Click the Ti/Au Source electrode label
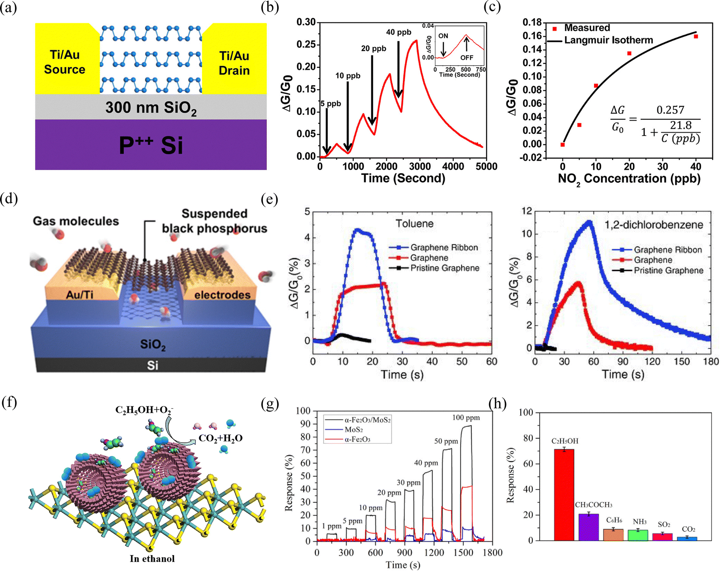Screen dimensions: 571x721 [x=65, y=62]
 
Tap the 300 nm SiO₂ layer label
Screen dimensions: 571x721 [x=151, y=108]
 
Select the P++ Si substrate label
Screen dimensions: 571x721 [x=151, y=145]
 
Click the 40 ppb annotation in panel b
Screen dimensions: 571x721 [x=398, y=32]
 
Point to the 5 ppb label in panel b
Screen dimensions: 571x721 [x=331, y=104]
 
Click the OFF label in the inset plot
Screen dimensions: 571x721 [x=467, y=57]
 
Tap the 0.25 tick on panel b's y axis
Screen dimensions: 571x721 [x=306, y=44]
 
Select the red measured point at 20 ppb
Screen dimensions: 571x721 [x=629, y=54]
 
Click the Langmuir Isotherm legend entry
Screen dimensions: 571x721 [x=608, y=40]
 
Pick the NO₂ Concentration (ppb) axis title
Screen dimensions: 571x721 [x=629, y=178]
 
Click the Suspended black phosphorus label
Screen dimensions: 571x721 [x=215, y=221]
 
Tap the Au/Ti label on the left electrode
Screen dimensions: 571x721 [x=79, y=295]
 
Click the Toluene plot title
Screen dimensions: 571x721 [x=414, y=223]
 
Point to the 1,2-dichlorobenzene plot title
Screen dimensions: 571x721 [x=654, y=225]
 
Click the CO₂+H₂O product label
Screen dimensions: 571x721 [x=220, y=438]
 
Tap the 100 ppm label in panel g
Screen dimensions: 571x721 [x=466, y=418]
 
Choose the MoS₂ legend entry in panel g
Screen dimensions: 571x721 [x=354, y=429]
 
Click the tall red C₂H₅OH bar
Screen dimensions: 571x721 [x=564, y=495]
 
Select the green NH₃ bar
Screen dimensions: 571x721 [x=638, y=535]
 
